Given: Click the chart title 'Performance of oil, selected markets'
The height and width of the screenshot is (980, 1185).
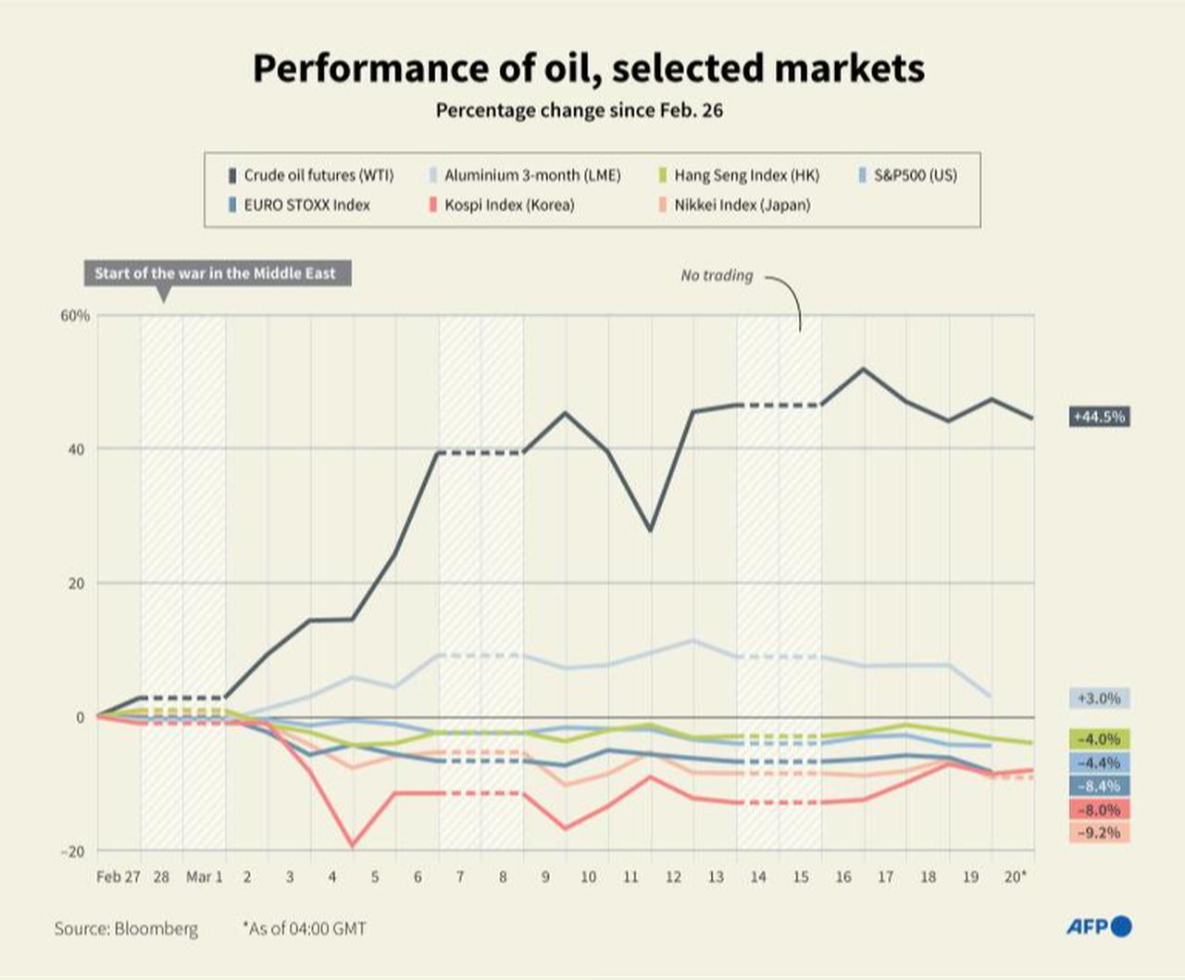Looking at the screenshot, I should [x=589, y=69].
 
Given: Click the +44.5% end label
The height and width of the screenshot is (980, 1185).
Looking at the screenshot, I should [x=1099, y=417].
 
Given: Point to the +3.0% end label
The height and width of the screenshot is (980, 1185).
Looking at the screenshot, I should [x=1099, y=698].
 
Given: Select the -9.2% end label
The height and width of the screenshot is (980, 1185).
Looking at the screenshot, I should [x=1099, y=833].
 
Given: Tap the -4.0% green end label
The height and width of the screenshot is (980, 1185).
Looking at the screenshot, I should [x=1099, y=739].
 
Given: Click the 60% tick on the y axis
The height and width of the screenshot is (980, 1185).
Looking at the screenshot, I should [x=75, y=316].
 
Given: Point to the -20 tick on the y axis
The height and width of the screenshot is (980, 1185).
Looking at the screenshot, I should [x=72, y=851].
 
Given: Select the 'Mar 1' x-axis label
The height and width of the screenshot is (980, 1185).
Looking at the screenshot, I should [x=204, y=876].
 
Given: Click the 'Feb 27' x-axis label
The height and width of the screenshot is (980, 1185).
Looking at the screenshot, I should [x=118, y=876].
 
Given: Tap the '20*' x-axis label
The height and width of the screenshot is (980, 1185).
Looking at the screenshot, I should [x=1016, y=876].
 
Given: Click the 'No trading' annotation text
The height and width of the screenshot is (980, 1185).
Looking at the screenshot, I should [x=717, y=275].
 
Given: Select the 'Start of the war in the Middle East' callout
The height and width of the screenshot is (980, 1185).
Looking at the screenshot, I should [x=216, y=273].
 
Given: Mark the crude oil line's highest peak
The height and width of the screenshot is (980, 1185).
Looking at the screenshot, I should [x=864, y=369].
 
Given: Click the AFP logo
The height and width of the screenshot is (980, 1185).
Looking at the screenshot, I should [x=1099, y=926].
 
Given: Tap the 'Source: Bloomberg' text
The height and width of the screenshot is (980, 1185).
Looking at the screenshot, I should [x=126, y=928].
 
